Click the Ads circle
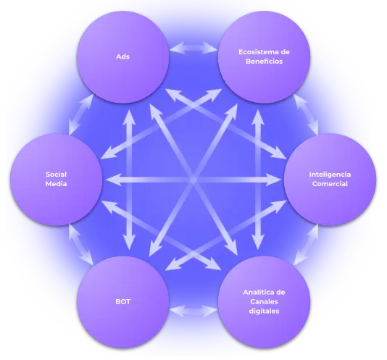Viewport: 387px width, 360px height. [x=123, y=57]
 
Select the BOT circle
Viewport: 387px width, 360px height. [x=123, y=302]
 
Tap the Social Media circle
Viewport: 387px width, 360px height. [x=57, y=180]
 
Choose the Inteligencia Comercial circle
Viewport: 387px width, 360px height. [x=330, y=180]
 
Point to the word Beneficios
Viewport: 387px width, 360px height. [x=264, y=62]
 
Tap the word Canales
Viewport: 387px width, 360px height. [x=264, y=301]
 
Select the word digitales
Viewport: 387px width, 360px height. [x=264, y=311]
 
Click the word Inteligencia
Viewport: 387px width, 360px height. [x=330, y=175]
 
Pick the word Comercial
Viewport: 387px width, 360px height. [x=330, y=184]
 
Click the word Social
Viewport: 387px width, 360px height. [x=57, y=175]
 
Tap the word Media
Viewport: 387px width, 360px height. [x=57, y=184]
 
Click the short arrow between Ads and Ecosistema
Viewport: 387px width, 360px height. [x=193, y=48]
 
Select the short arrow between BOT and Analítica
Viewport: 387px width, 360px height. [x=193, y=311]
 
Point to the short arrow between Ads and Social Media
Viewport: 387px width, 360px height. [x=81, y=114]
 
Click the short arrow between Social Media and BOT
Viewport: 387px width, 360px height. [x=81, y=244]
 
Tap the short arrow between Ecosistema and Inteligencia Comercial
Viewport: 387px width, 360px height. [x=306, y=114]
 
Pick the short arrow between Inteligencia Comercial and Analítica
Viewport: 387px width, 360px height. [x=306, y=244]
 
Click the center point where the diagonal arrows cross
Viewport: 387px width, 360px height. [x=193, y=180]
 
